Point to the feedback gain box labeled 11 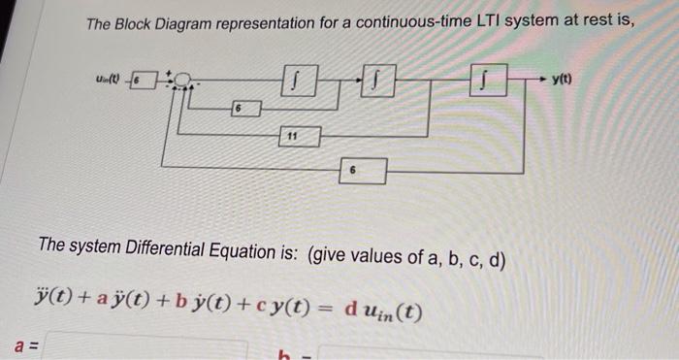point(293,136)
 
